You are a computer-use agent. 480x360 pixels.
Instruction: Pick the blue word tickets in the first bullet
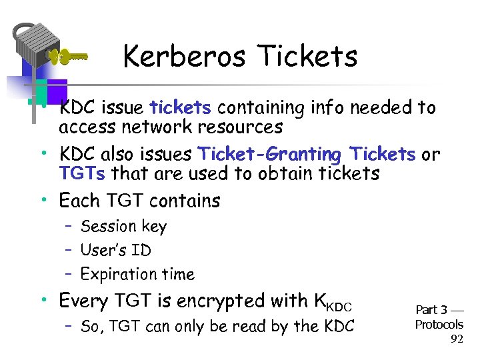(x=181, y=107)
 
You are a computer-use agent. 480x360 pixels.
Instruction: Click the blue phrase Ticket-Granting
(x=269, y=154)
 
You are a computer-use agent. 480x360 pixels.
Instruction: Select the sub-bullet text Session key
(x=123, y=227)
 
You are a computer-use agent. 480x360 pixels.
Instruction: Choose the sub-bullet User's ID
(x=115, y=251)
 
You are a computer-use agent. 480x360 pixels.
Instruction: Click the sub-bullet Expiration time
(x=137, y=274)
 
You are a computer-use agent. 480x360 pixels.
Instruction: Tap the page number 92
(x=457, y=339)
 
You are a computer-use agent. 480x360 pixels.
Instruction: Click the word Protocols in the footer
(x=439, y=325)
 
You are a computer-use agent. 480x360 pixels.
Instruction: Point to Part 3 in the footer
(x=431, y=310)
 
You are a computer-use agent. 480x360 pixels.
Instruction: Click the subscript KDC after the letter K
(x=339, y=305)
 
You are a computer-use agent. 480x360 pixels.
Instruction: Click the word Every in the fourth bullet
(x=82, y=301)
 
